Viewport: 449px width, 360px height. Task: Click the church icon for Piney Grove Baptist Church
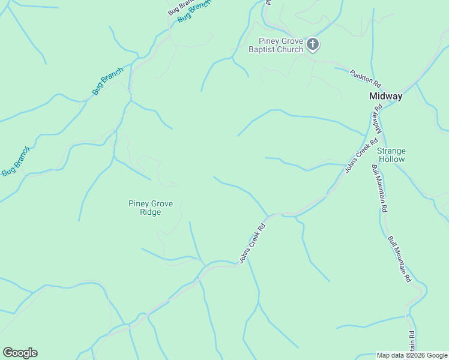(x=313, y=44)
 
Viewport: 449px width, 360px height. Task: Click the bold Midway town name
(x=385, y=96)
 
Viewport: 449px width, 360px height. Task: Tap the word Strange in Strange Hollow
(x=391, y=151)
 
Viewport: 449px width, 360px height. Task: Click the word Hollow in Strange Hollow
(x=391, y=159)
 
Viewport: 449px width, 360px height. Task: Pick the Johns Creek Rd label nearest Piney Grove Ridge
(x=252, y=244)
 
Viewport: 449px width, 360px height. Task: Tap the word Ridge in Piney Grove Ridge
(x=150, y=212)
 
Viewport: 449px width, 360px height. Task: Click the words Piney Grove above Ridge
(x=150, y=203)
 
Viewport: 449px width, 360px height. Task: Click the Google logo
(x=20, y=353)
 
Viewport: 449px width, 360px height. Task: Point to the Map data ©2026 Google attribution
(x=412, y=355)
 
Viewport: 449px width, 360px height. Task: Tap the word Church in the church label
(x=289, y=49)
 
